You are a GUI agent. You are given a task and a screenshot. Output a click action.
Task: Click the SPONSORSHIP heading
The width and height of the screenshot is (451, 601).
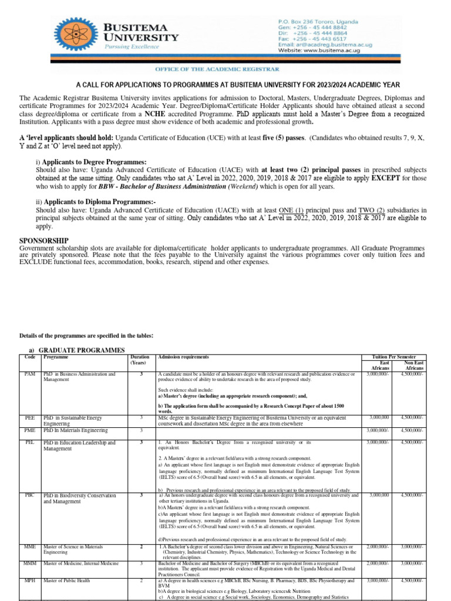pos(44,241)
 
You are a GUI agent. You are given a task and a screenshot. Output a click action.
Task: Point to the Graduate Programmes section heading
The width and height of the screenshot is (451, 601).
pos(77,350)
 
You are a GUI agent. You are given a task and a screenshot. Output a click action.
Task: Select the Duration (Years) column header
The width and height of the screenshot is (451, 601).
pos(140,360)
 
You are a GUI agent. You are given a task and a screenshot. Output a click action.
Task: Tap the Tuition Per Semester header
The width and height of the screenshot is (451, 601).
pos(398,357)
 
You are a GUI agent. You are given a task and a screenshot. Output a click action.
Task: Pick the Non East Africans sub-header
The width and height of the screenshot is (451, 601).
pos(414,366)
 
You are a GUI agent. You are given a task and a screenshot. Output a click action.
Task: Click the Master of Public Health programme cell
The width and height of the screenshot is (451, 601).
pos(70,580)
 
